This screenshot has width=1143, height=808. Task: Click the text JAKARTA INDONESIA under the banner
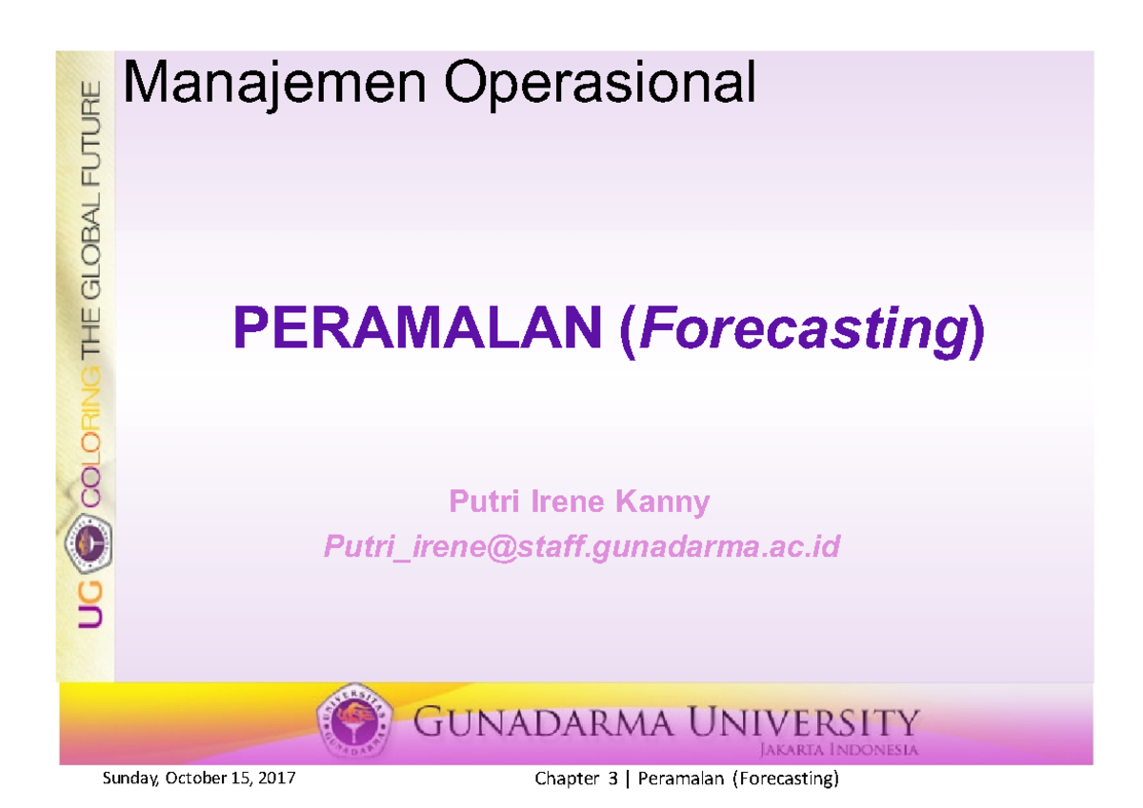pos(838,749)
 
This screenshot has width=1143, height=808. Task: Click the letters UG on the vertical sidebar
pos(88,602)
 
